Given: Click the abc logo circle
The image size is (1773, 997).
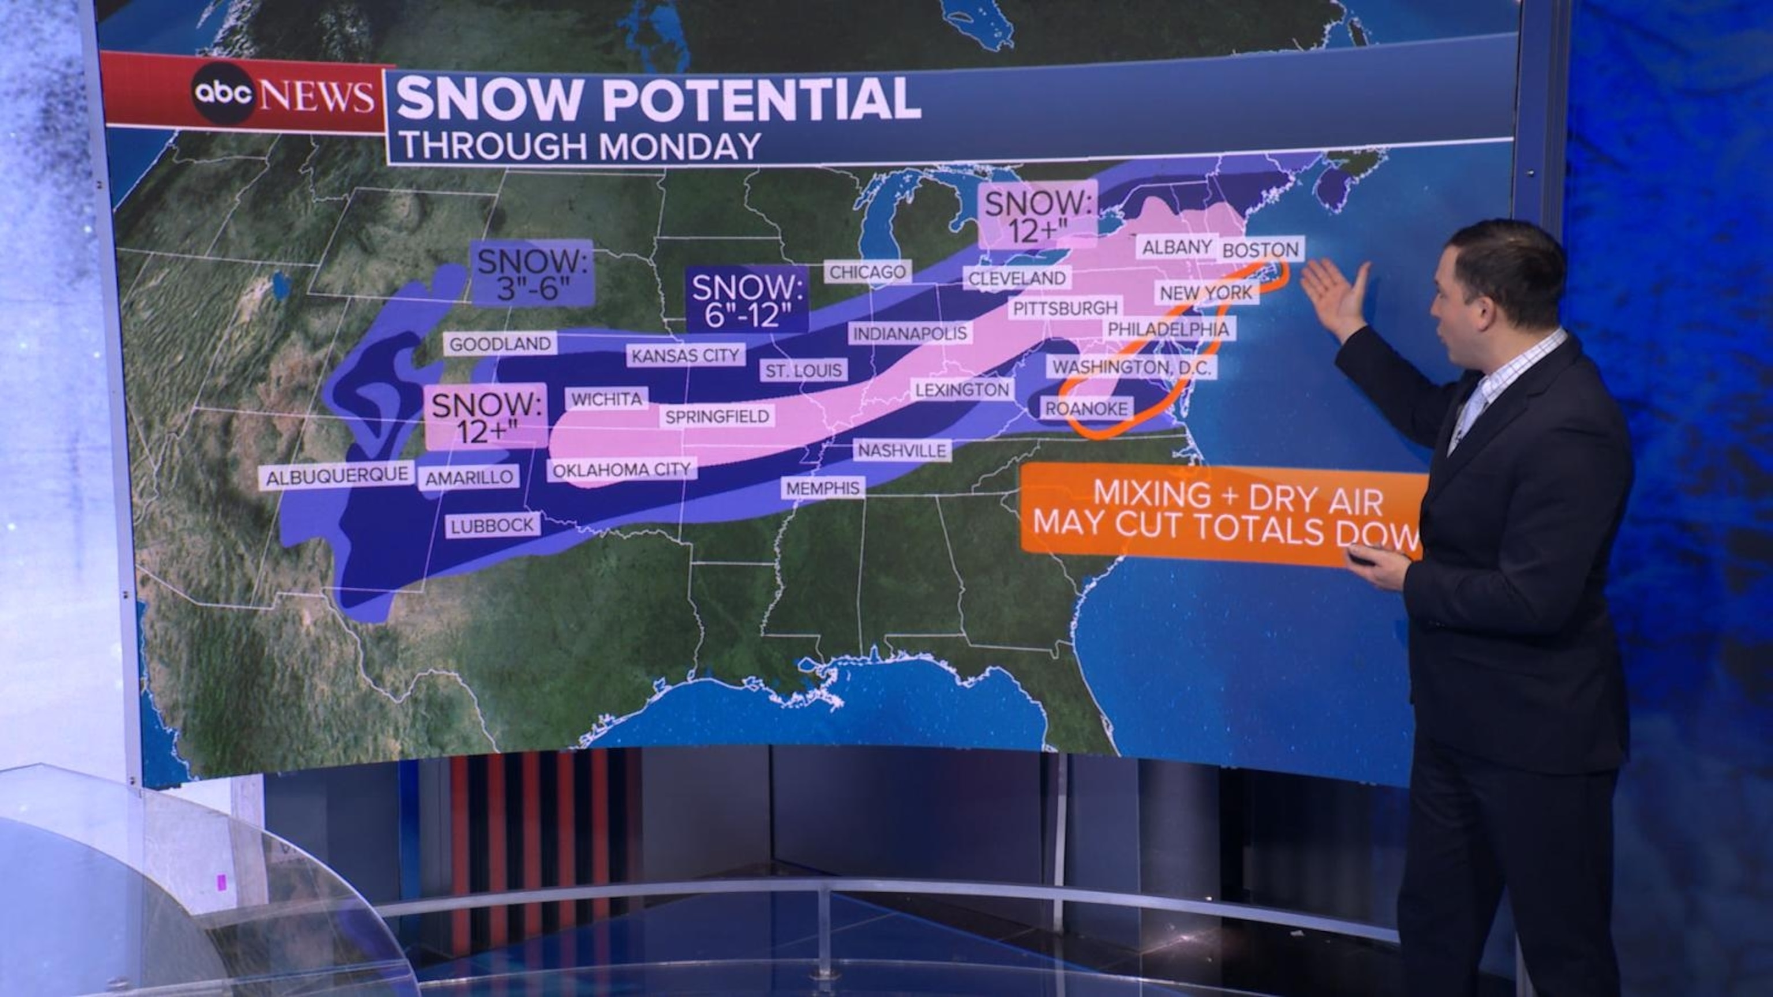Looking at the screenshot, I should point(223,93).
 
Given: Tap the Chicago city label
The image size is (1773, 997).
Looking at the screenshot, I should point(867,272).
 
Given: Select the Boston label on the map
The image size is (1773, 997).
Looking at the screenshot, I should point(1260,249).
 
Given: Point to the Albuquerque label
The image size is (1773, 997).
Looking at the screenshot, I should point(336,475).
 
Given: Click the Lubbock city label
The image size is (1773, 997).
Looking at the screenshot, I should point(492,526).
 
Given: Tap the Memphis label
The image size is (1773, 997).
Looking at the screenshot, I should point(823,489).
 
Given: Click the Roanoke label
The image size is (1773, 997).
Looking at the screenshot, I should point(1086,408).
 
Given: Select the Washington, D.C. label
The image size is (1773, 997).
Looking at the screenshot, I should point(1132,367).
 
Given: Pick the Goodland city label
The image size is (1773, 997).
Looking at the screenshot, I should point(500,343).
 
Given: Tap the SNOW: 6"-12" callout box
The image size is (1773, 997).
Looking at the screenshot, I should point(748,301).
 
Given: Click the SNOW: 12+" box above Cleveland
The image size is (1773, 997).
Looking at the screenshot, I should point(1035,216).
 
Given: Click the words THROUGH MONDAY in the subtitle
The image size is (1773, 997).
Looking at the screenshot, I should point(580,147).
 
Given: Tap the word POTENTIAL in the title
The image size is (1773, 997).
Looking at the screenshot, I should point(761,100).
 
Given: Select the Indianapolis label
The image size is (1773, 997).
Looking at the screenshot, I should point(910,333).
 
